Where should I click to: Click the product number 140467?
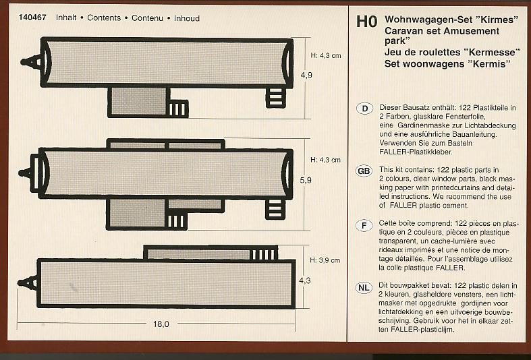pyautogui.click(x=32, y=18)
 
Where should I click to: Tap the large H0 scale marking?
pyautogui.click(x=366, y=22)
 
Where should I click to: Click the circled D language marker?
pyautogui.click(x=365, y=109)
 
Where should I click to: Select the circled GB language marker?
pyautogui.click(x=364, y=171)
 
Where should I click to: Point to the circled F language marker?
pyautogui.click(x=364, y=225)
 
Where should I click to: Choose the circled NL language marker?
pyautogui.click(x=364, y=288)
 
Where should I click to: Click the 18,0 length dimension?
pyautogui.click(x=161, y=324)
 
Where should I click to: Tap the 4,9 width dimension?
pyautogui.click(x=306, y=75)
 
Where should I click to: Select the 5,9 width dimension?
pyautogui.click(x=306, y=181)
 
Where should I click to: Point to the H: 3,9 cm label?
pyautogui.click(x=325, y=260)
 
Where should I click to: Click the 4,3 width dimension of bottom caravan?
pyautogui.click(x=304, y=280)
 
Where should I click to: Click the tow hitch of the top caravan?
pyautogui.click(x=31, y=62)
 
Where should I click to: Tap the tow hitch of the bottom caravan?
pyautogui.click(x=28, y=283)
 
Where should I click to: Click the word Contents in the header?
pyautogui.click(x=104, y=18)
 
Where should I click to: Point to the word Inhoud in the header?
pyautogui.click(x=187, y=18)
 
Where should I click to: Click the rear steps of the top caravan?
pyautogui.click(x=276, y=97)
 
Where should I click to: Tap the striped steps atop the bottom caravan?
pyautogui.click(x=264, y=254)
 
